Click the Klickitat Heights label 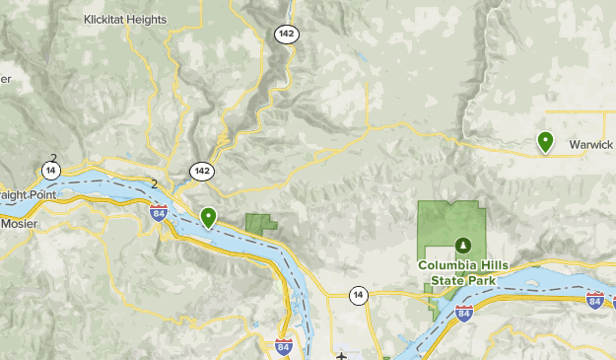126,18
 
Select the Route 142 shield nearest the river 202,171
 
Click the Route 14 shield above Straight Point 50,171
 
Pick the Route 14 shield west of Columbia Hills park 357,294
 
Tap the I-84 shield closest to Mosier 158,212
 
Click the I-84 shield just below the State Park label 464,314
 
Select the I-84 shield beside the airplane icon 283,346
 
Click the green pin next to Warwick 545,142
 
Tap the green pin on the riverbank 208,216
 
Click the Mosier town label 19,223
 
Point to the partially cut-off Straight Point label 28,194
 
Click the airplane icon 341,355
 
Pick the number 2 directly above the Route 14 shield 52,157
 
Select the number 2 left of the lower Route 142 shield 155,183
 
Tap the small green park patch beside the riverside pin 261,223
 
